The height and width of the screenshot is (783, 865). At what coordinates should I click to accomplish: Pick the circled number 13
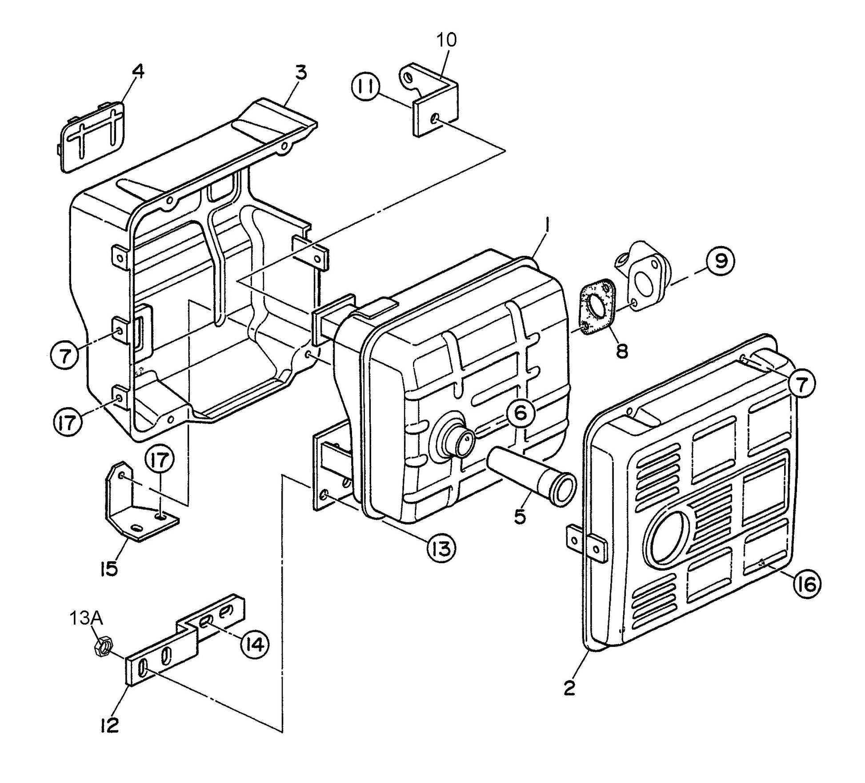point(441,549)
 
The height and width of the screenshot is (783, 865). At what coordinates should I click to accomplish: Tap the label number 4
point(139,72)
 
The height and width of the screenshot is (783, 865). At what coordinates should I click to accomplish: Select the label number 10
point(446,40)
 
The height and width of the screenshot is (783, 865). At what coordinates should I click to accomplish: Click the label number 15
point(109,568)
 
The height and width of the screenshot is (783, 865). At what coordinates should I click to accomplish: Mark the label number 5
point(520,517)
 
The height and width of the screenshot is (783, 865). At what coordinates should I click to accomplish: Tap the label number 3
point(301,72)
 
